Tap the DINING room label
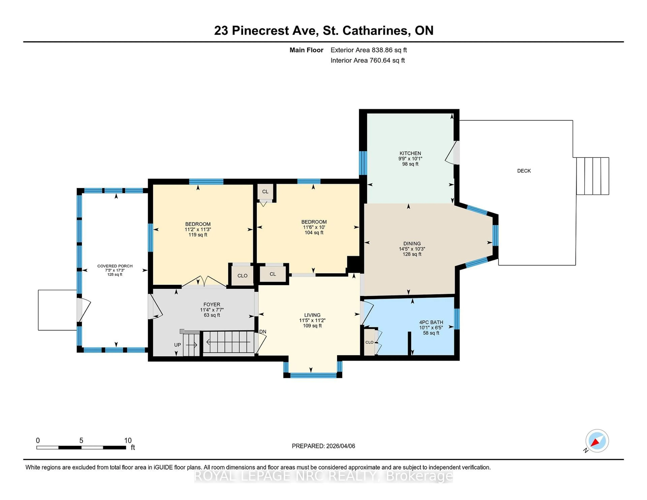pos(412,243)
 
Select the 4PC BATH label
pos(431,322)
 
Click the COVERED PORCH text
pos(115,266)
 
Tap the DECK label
pos(524,171)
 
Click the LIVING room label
pos(312,315)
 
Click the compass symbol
pos(597,441)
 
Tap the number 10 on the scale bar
pos(128,441)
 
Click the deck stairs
pos(592,176)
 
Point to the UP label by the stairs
pos(177,345)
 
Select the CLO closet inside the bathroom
pos(369,342)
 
